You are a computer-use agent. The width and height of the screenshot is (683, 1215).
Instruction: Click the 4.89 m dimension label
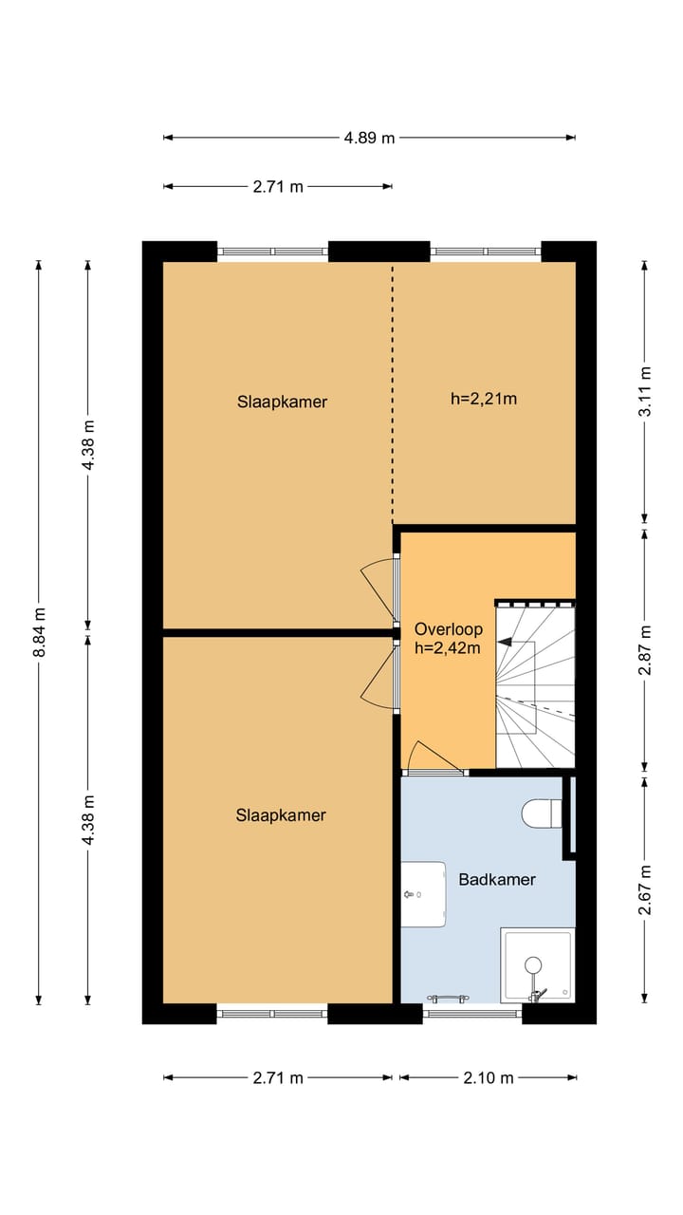369,138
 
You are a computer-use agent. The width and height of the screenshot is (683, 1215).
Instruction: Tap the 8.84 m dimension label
39,632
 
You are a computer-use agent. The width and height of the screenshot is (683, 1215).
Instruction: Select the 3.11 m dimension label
645,391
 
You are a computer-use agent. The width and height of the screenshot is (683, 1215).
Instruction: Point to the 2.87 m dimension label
645,650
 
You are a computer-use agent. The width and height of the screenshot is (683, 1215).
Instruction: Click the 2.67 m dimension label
645,890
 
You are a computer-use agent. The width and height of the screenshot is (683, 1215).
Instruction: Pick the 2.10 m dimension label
488,1077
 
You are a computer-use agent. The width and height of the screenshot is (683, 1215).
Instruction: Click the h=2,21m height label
484,399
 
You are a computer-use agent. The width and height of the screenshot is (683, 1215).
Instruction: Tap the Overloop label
449,629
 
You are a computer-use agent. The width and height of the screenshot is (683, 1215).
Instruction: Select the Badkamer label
497,879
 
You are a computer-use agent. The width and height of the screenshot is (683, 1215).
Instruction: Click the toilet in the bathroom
542,813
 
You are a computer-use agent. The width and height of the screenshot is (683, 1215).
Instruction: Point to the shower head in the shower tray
533,964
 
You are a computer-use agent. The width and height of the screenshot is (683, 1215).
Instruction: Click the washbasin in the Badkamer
423,894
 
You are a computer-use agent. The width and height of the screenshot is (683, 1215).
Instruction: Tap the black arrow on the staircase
506,642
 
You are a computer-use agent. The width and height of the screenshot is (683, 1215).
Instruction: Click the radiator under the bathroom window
448,998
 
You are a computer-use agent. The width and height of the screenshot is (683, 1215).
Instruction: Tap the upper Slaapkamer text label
282,402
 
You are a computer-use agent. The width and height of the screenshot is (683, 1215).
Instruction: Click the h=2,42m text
448,647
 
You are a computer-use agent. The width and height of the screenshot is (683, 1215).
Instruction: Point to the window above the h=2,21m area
487,252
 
